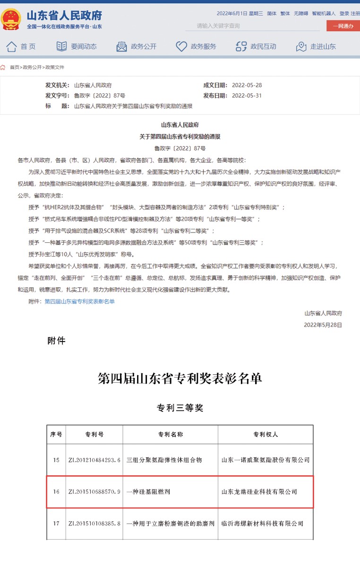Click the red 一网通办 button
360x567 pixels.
(x=343, y=26)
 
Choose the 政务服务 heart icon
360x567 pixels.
(x=181, y=46)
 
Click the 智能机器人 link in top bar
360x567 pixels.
(x=324, y=13)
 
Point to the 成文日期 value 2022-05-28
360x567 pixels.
(x=247, y=86)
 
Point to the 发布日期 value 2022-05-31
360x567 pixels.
(x=247, y=96)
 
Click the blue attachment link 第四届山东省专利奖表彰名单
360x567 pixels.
(x=79, y=301)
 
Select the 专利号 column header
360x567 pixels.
(x=94, y=434)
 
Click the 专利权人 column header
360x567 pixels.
(x=266, y=434)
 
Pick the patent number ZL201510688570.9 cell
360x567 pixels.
(x=94, y=492)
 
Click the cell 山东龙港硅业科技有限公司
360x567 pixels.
(x=259, y=492)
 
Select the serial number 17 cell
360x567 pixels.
(x=56, y=524)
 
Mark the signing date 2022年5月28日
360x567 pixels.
(x=323, y=325)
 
